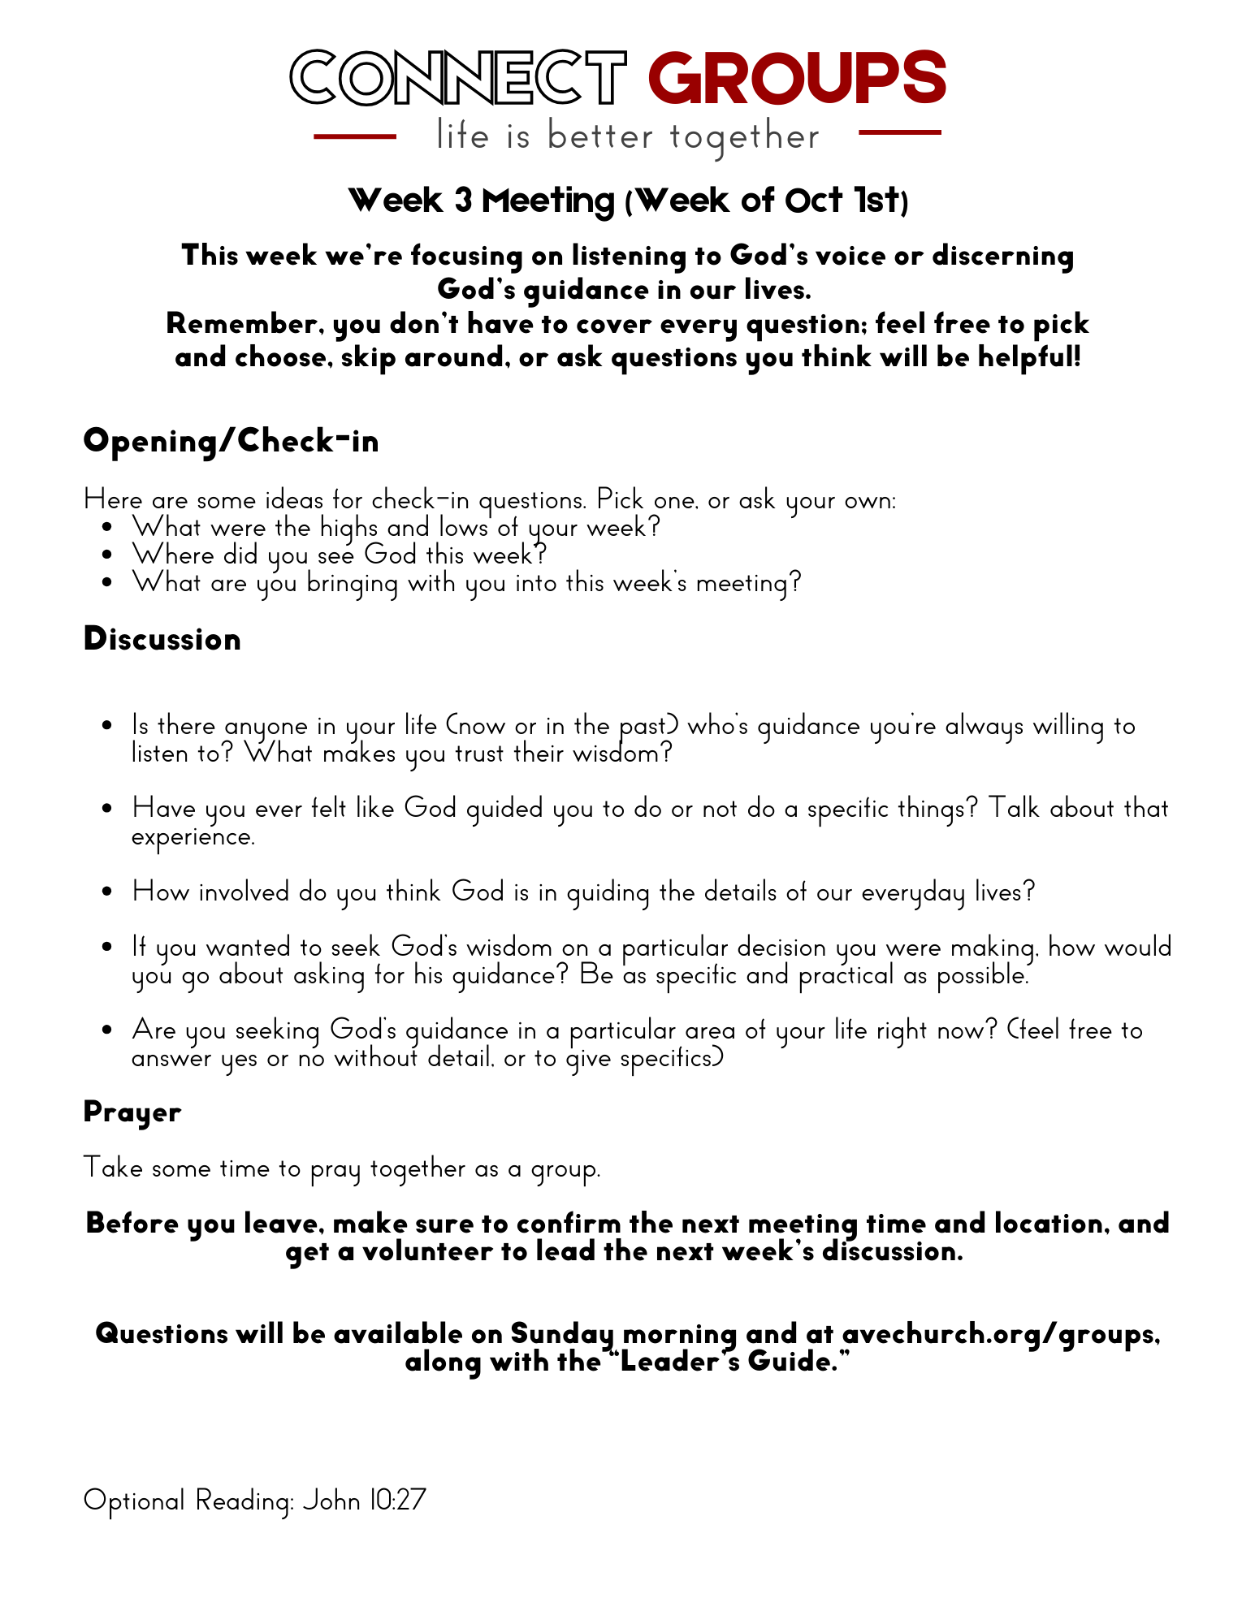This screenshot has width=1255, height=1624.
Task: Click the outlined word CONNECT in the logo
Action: pos(459,78)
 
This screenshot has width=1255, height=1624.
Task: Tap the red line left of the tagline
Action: pos(355,136)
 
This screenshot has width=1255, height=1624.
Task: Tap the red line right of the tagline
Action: pos(899,132)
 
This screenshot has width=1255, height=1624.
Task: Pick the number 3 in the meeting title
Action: pos(463,201)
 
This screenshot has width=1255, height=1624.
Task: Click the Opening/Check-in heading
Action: pos(232,441)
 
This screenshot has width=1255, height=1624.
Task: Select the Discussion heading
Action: pos(162,639)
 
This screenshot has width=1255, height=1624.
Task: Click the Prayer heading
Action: pos(132,1112)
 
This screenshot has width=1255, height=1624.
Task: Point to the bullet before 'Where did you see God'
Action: pos(107,555)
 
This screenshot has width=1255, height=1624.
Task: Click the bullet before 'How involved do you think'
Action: pos(107,892)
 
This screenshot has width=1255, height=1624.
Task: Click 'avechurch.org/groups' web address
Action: pos(999,1333)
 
